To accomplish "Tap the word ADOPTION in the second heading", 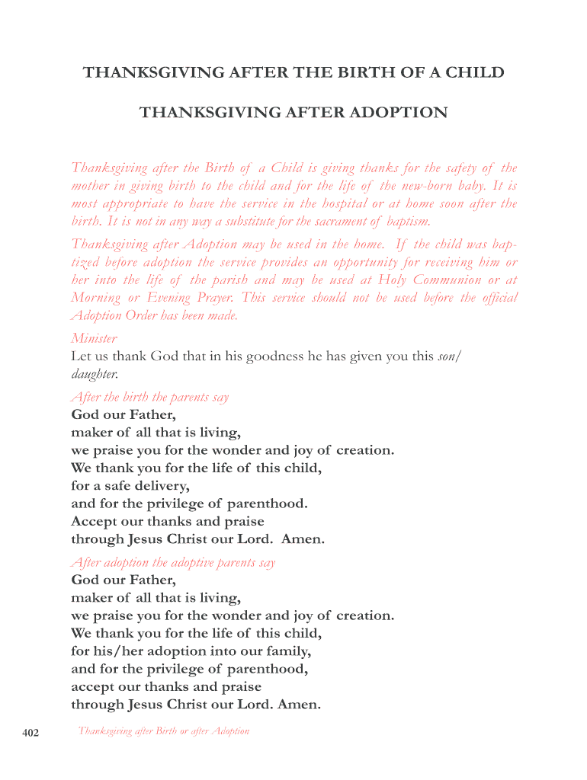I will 398,113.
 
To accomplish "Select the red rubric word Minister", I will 94,338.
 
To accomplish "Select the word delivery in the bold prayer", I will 157,485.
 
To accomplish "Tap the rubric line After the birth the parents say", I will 149,397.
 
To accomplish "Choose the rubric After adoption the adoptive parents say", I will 173,562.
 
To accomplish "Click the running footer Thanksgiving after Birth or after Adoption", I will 164,731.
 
